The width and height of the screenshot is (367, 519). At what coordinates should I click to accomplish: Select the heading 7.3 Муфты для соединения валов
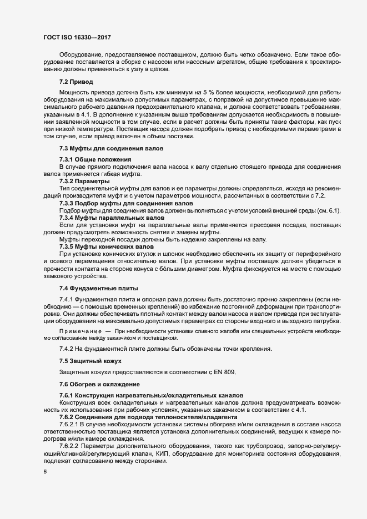tap(111, 149)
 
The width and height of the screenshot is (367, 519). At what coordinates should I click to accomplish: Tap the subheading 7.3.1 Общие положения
tap(91, 160)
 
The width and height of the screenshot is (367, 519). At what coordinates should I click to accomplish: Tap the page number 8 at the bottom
tap(45, 472)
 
